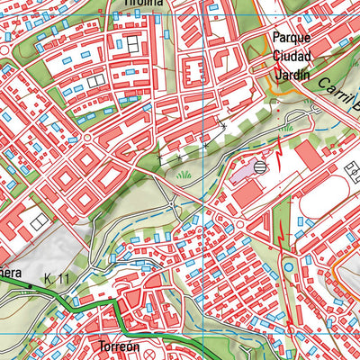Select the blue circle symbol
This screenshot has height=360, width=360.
click(288, 266)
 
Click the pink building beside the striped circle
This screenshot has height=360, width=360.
click(242, 172)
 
